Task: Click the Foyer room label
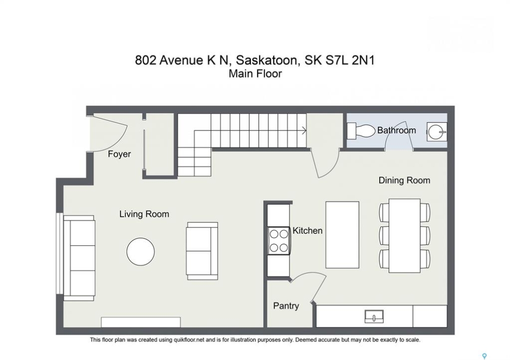click(x=120, y=154)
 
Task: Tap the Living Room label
click(x=144, y=214)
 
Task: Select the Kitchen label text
click(x=307, y=230)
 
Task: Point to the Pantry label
click(x=286, y=306)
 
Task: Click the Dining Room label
click(x=404, y=180)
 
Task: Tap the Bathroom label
click(x=396, y=130)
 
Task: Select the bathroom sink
click(x=437, y=131)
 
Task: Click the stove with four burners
click(x=279, y=241)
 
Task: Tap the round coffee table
click(x=141, y=252)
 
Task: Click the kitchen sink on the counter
click(x=374, y=316)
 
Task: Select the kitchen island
click(x=342, y=235)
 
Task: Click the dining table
click(x=404, y=236)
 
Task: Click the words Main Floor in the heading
click(x=255, y=73)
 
